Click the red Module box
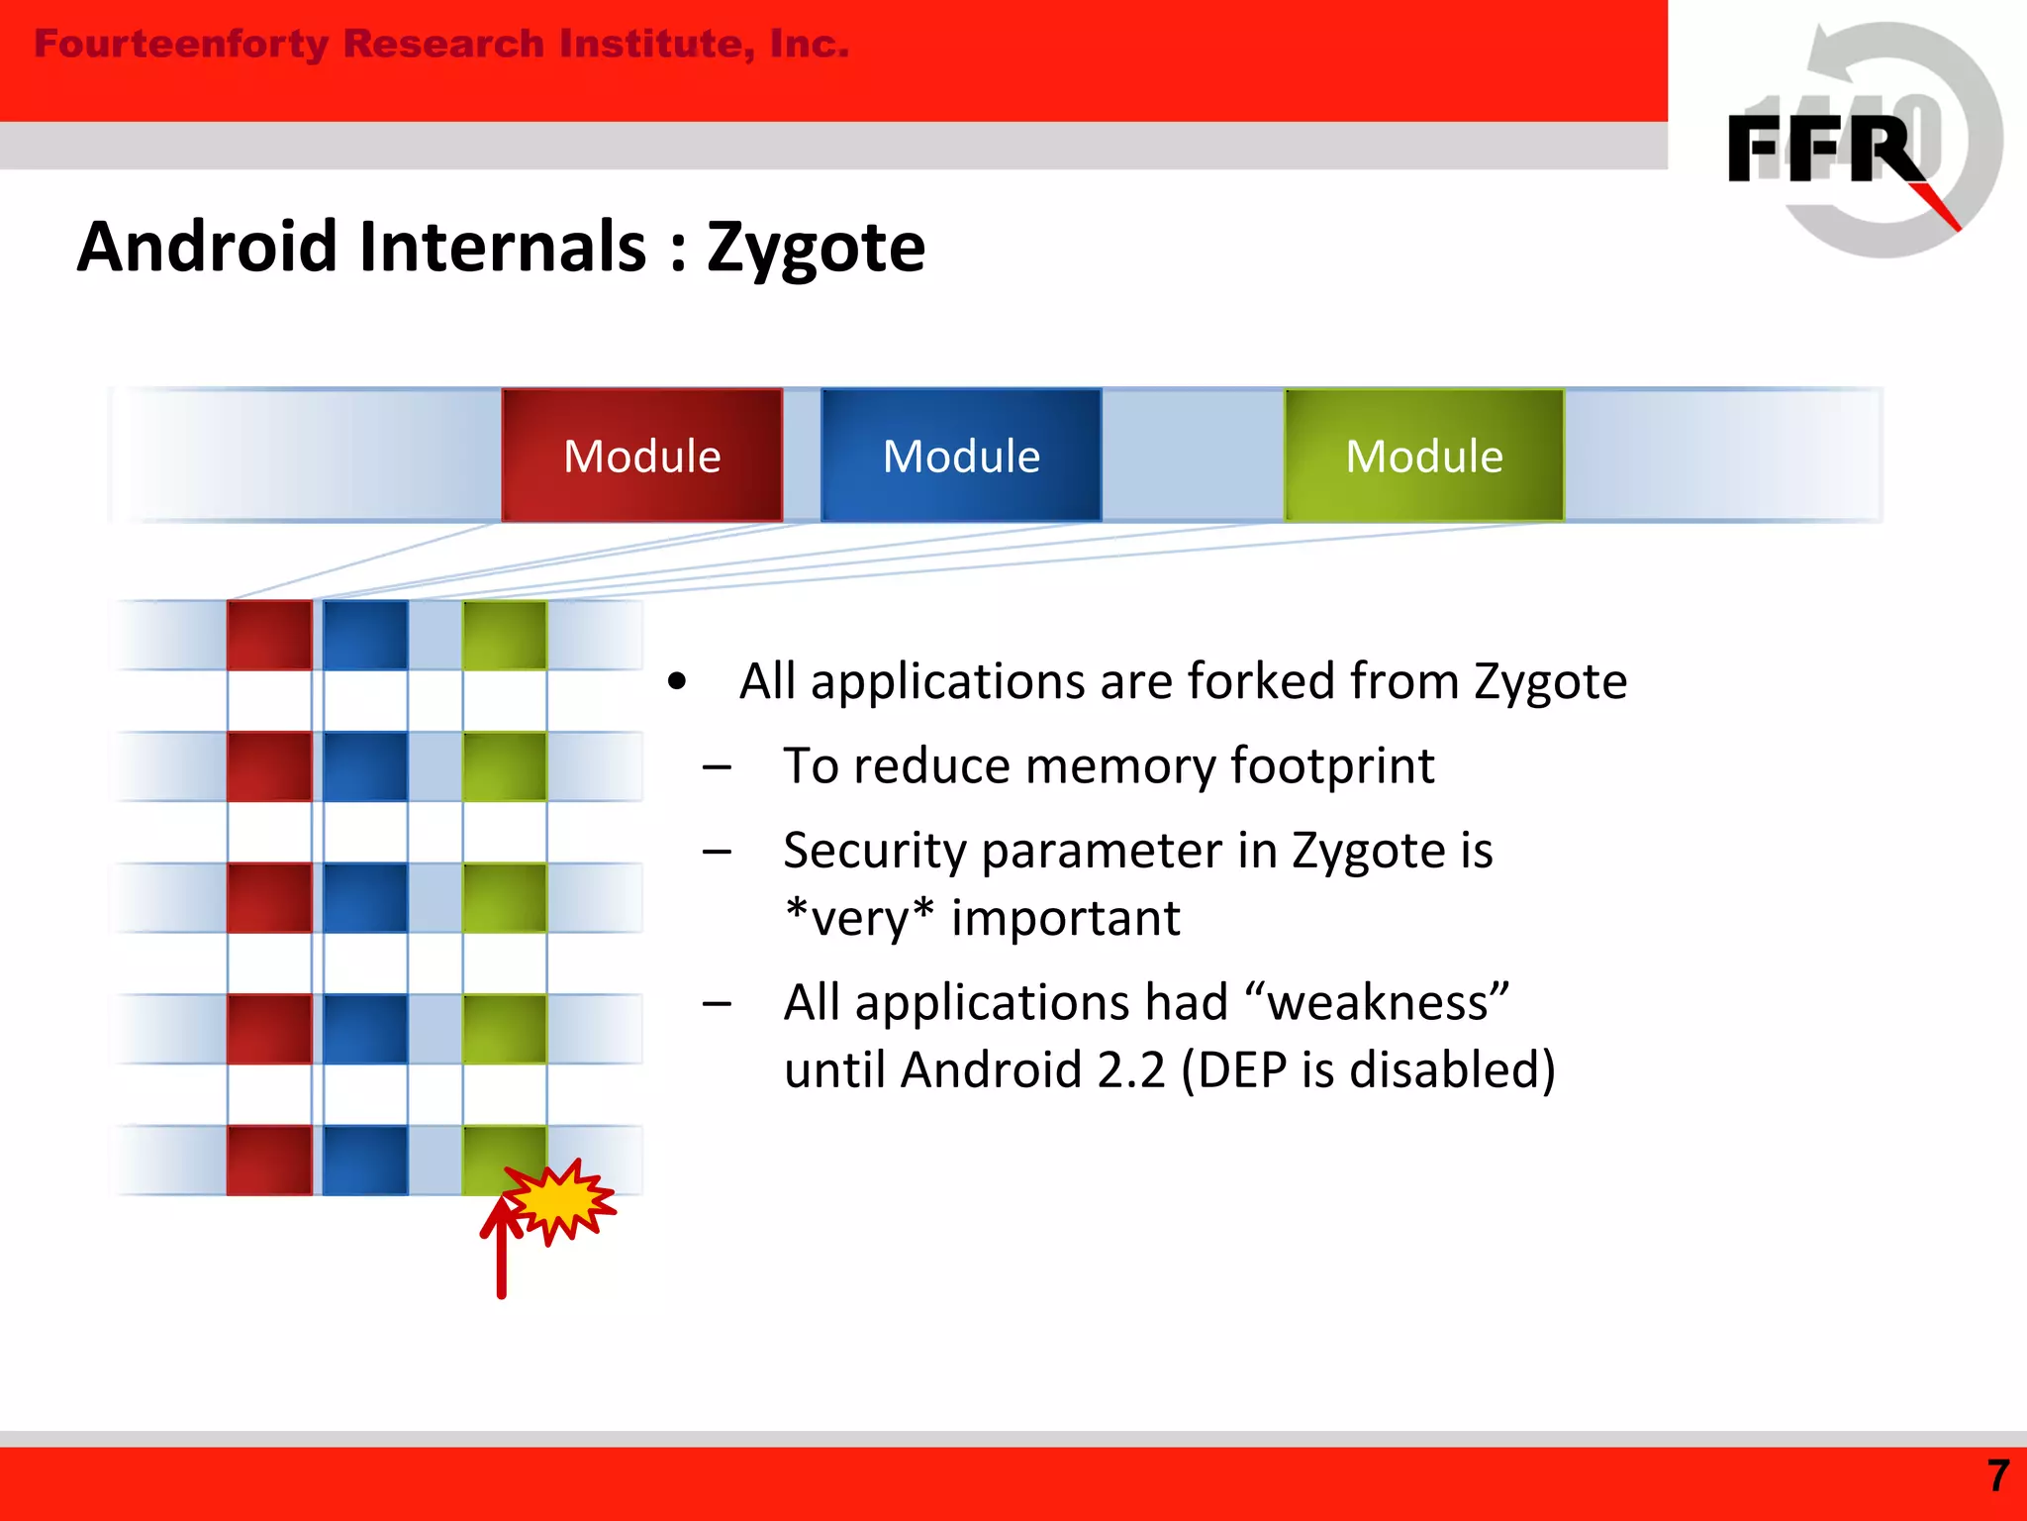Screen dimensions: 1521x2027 point(641,456)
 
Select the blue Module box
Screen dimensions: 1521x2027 point(961,456)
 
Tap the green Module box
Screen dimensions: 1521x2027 point(1424,456)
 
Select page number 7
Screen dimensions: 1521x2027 point(1998,1476)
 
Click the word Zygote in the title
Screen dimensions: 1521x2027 point(816,248)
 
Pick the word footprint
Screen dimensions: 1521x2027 point(1332,766)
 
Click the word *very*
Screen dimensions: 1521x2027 point(858,918)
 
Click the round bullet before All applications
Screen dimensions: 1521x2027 point(677,682)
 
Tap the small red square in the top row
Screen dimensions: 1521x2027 point(269,635)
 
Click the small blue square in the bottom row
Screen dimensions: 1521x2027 point(365,1160)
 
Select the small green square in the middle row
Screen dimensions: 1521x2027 point(505,897)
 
